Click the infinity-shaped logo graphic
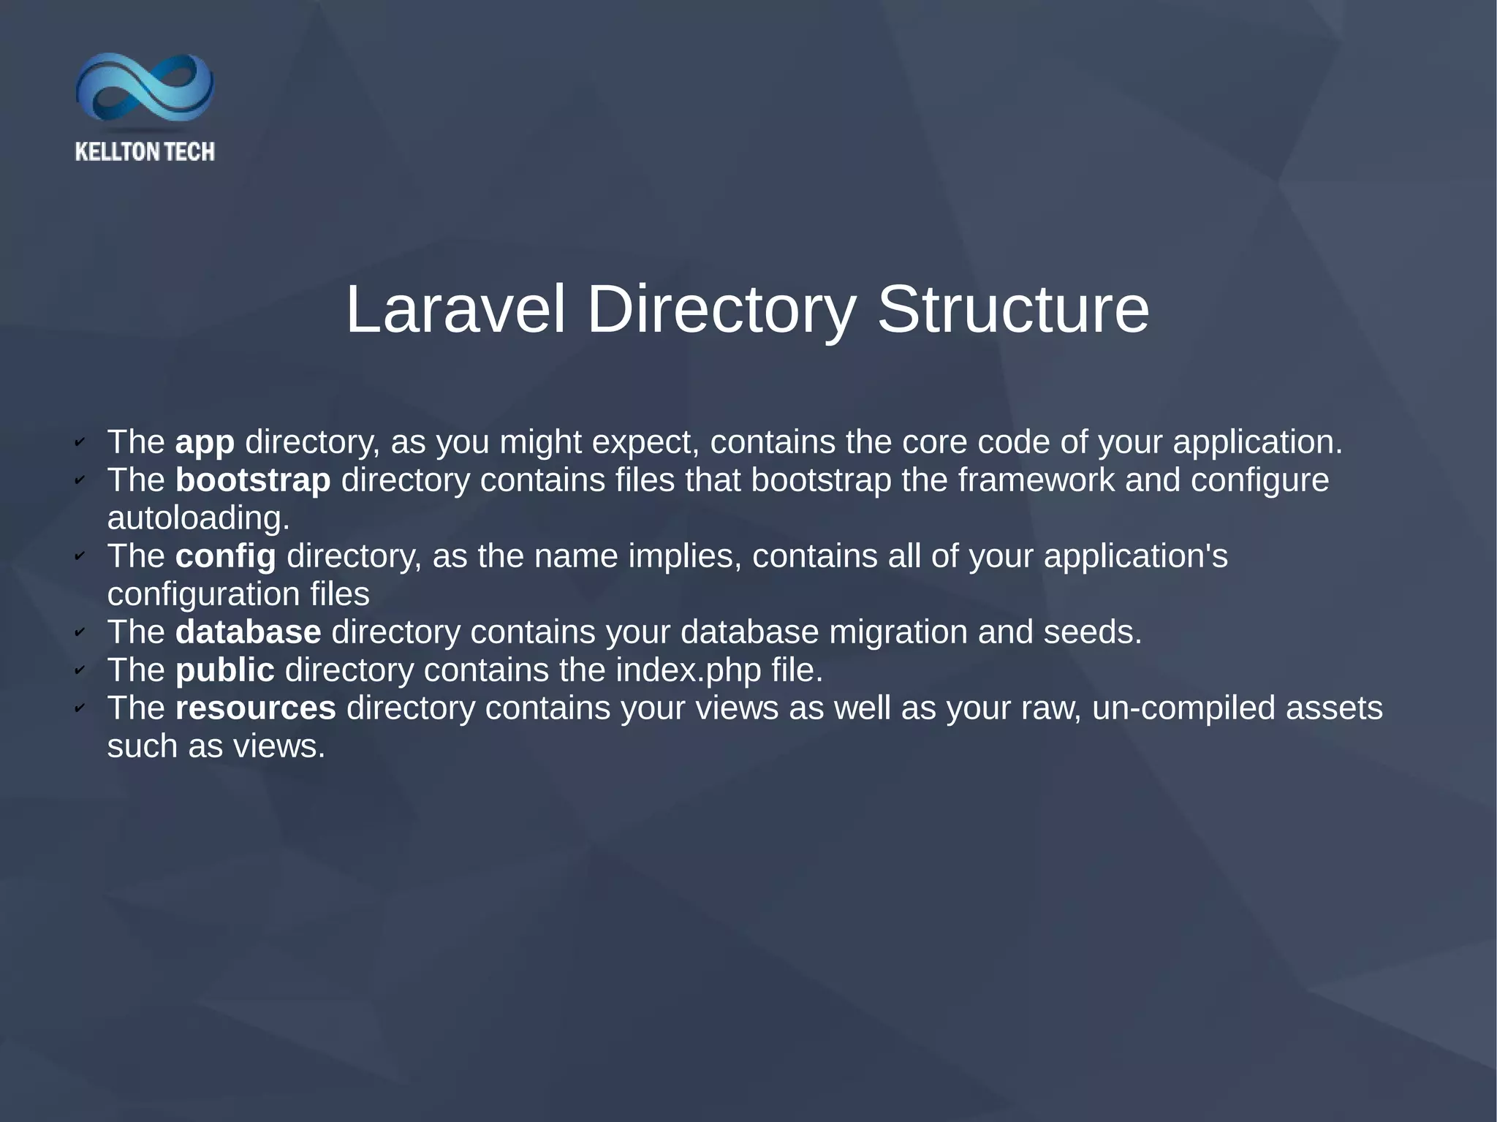pos(145,88)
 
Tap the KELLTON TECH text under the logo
pos(145,152)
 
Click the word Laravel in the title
pos(455,310)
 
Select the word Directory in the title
pos(720,310)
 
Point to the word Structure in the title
pos(1012,310)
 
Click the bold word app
pos(205,442)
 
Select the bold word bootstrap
pos(253,480)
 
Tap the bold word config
pos(226,556)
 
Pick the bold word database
pos(248,632)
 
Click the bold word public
pos(224,670)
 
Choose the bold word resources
pos(255,708)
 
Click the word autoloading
pos(198,518)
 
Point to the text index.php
pos(689,670)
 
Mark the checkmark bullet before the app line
pos(80,442)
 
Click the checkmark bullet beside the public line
pos(80,670)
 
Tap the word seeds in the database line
pos(1092,632)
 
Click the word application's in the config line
pos(1136,556)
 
